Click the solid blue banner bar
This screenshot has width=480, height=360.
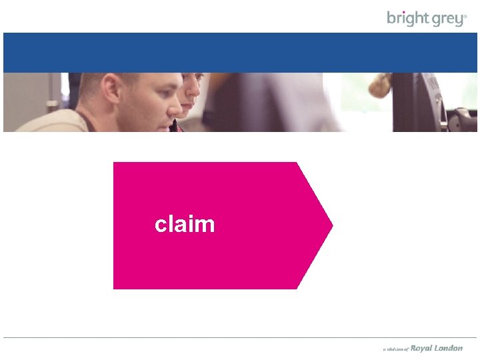pos(240,52)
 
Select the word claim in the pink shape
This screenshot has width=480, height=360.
pos(185,224)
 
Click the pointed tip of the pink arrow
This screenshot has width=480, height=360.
pos(331,225)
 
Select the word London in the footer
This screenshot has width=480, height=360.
pos(449,348)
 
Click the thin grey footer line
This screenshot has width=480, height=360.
pos(240,337)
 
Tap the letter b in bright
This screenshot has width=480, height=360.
pos(391,18)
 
